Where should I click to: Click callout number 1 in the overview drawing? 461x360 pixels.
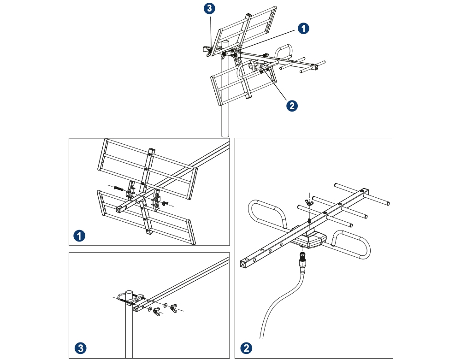pos(302,28)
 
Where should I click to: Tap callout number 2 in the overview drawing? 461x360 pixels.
pos(291,106)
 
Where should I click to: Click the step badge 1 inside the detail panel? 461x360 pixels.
pos(80,236)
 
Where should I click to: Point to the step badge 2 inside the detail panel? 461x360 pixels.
pos(246,347)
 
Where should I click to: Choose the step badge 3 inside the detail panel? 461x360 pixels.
pos(80,347)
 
